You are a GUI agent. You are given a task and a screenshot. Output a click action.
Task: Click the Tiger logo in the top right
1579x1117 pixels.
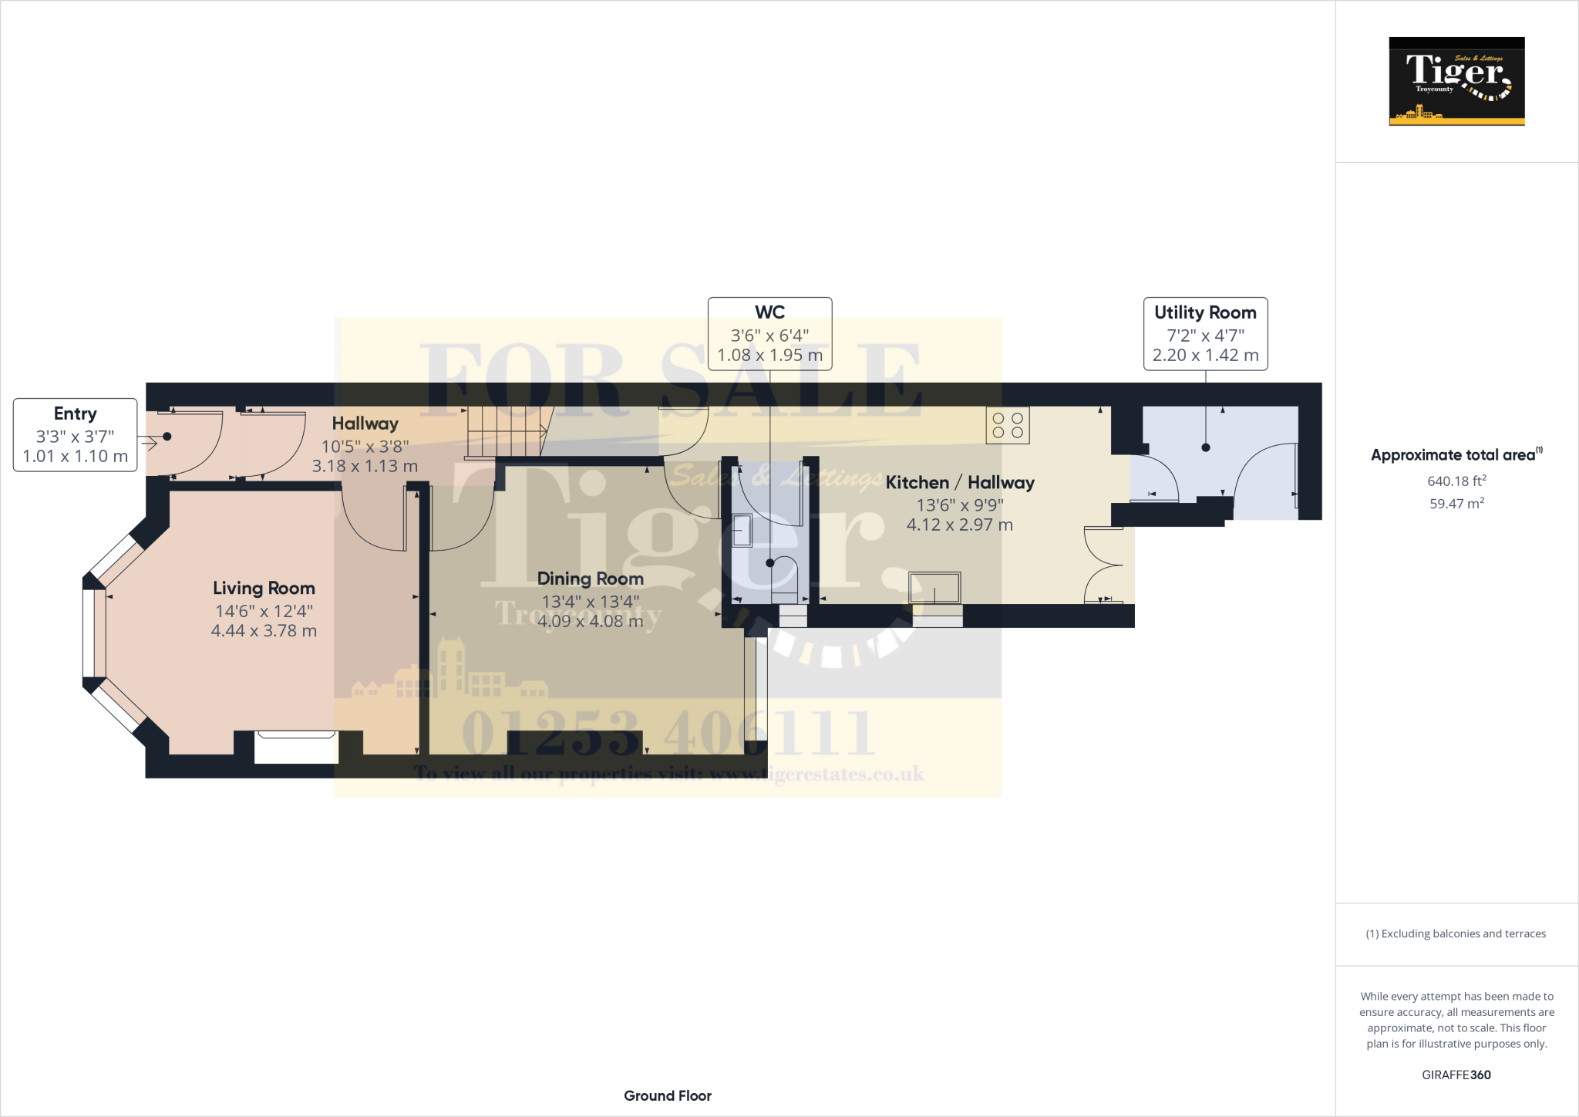coord(1456,81)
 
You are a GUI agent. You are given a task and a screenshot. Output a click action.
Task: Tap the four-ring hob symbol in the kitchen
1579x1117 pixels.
coord(1007,425)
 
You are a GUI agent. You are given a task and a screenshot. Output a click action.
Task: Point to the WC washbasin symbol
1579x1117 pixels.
coord(742,531)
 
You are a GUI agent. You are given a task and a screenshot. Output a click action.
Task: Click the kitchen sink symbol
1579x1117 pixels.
coord(934,588)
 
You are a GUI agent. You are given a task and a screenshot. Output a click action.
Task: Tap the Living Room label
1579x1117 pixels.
coord(264,588)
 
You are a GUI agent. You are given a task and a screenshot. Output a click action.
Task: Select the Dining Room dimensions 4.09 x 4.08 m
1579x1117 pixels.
coord(590,621)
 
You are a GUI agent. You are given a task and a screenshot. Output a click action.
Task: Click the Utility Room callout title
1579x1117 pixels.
coord(1205,312)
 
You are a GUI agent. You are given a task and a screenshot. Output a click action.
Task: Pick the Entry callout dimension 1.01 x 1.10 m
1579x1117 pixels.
coord(75,456)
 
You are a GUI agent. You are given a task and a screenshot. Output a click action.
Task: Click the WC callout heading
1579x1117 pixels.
coord(769,312)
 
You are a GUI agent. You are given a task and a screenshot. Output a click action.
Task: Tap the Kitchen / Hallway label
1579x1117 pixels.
coord(960,482)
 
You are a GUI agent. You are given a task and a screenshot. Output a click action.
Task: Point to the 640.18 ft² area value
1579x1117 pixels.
coord(1456,481)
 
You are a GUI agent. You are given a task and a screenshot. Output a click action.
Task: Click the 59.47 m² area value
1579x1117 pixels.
coord(1456,504)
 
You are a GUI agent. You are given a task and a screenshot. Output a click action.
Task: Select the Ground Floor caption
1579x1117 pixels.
coord(667,1095)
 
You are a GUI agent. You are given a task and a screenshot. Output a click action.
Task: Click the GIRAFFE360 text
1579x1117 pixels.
coord(1456,1075)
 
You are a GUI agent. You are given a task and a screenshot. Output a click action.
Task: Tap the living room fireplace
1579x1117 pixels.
coord(296,746)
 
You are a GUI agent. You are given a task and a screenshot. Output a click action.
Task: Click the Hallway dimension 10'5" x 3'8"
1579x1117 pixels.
coord(365,447)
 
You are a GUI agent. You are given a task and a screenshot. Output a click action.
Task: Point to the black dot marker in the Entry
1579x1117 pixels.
coord(167,437)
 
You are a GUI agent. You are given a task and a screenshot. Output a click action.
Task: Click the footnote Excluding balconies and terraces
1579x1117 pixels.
coord(1456,933)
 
